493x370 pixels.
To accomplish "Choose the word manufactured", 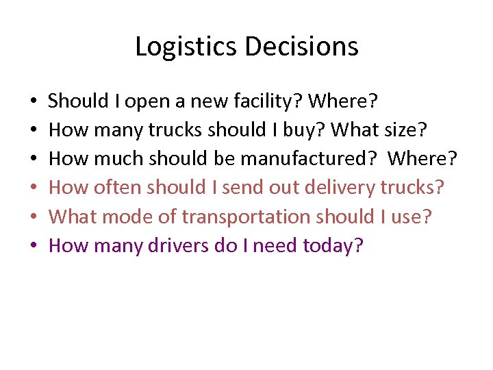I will coord(304,159).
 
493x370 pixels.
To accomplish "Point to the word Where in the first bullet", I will coord(342,101).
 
